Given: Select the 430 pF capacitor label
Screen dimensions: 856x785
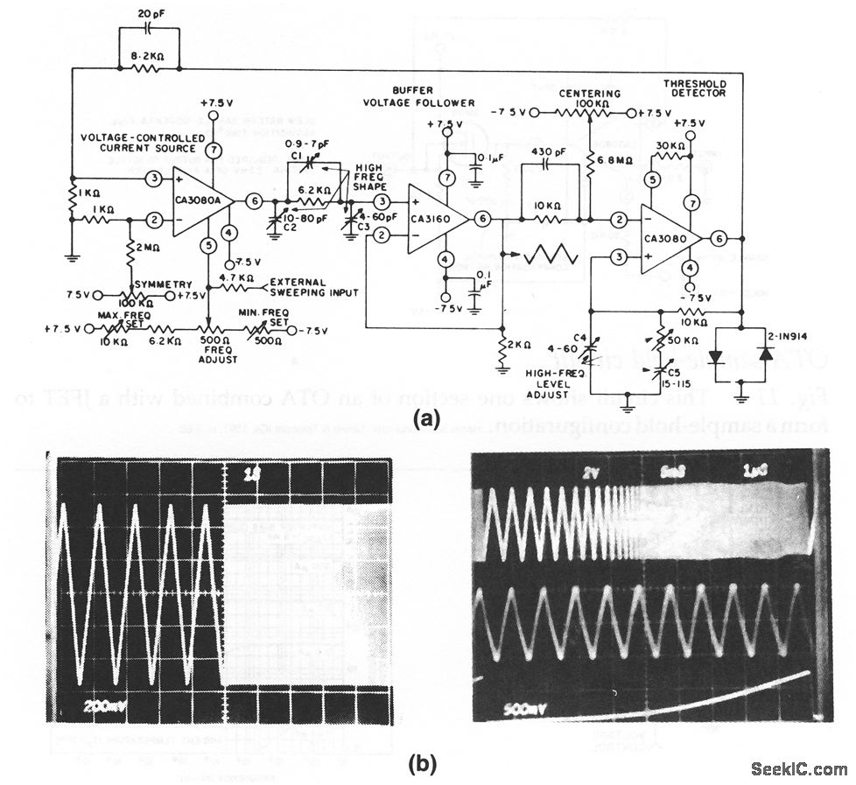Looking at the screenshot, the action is click(x=549, y=151).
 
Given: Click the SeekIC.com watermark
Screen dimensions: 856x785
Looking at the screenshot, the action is click(x=799, y=769).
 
